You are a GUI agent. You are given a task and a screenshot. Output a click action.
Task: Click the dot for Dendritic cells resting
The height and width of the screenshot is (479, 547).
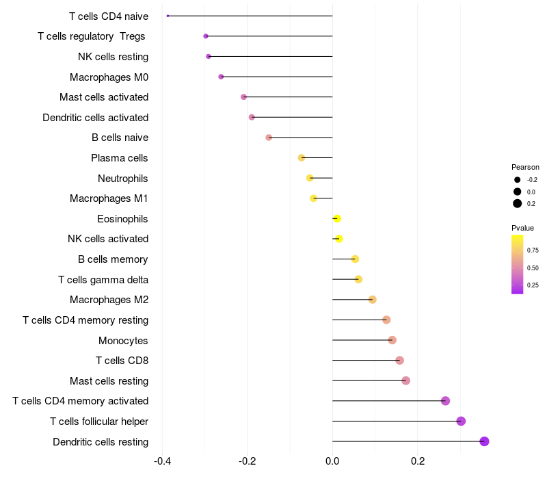pyautogui.click(x=484, y=441)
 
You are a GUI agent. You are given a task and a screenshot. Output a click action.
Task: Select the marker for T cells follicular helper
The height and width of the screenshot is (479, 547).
pyautogui.click(x=461, y=421)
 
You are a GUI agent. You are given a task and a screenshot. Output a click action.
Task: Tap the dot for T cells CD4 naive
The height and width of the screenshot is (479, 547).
pyautogui.click(x=168, y=16)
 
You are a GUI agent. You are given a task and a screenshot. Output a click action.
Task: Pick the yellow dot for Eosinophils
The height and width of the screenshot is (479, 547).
pyautogui.click(x=336, y=218)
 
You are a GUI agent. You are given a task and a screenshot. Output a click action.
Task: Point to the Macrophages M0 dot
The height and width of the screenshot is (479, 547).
pyautogui.click(x=221, y=77)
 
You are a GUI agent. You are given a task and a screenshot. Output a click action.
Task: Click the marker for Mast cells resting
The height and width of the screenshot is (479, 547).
pyautogui.click(x=405, y=380)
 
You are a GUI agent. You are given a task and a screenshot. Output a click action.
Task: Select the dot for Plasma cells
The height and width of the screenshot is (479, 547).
pyautogui.click(x=302, y=158)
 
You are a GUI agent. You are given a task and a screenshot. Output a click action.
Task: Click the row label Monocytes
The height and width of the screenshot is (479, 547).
pyautogui.click(x=123, y=340)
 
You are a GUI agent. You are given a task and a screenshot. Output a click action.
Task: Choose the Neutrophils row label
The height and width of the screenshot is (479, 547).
pyautogui.click(x=123, y=179)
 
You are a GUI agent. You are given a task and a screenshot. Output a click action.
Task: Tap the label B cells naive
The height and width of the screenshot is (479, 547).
pyautogui.click(x=120, y=138)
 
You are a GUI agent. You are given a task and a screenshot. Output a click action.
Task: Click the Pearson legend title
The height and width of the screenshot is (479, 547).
pyautogui.click(x=525, y=167)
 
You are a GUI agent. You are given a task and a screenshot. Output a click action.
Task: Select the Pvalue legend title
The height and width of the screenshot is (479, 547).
pyautogui.click(x=523, y=228)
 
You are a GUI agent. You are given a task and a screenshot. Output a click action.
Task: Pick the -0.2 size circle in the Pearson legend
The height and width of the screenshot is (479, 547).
pyautogui.click(x=518, y=180)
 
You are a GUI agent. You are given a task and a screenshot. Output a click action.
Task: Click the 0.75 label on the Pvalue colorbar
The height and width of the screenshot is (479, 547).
pyautogui.click(x=533, y=250)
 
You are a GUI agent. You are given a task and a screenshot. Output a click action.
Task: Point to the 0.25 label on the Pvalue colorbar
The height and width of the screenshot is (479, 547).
pyautogui.click(x=533, y=285)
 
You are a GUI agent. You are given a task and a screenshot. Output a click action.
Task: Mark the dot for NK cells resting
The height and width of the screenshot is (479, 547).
pyautogui.click(x=209, y=56)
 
